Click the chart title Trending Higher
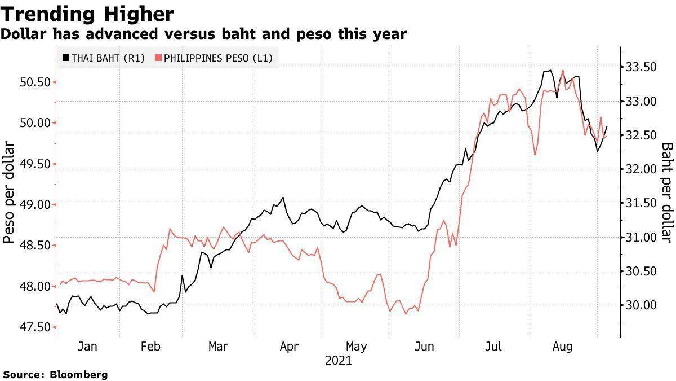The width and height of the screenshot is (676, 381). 87,13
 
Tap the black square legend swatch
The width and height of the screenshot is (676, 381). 65,58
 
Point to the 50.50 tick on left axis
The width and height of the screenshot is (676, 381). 35,82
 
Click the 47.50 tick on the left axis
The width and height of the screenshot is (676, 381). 35,327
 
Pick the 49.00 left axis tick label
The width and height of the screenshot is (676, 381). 35,204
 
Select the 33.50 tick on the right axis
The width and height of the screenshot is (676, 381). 642,67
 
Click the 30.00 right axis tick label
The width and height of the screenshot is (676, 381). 642,305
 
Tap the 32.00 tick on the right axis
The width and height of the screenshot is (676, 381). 642,169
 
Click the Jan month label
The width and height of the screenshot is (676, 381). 87,346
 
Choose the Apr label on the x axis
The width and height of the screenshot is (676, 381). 289,346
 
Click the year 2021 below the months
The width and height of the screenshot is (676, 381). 338,360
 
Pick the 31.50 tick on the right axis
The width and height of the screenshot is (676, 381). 642,203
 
